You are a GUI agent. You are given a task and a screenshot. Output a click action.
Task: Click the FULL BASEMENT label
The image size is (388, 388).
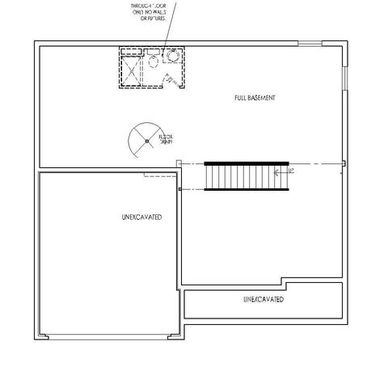point(255,98)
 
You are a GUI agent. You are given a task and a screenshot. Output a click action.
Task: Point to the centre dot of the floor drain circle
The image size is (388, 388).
point(147,141)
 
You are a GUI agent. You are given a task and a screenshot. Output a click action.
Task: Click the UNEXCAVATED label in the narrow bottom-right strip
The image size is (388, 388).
point(264,299)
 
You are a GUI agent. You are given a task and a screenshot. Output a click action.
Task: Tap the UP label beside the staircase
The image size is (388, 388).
point(289,171)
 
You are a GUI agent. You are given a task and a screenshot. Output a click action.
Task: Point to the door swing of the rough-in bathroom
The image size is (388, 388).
point(171,78)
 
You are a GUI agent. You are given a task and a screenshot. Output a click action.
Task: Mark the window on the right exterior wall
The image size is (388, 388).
point(346,78)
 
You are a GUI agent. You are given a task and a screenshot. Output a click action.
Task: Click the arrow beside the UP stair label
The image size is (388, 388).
point(279,171)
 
